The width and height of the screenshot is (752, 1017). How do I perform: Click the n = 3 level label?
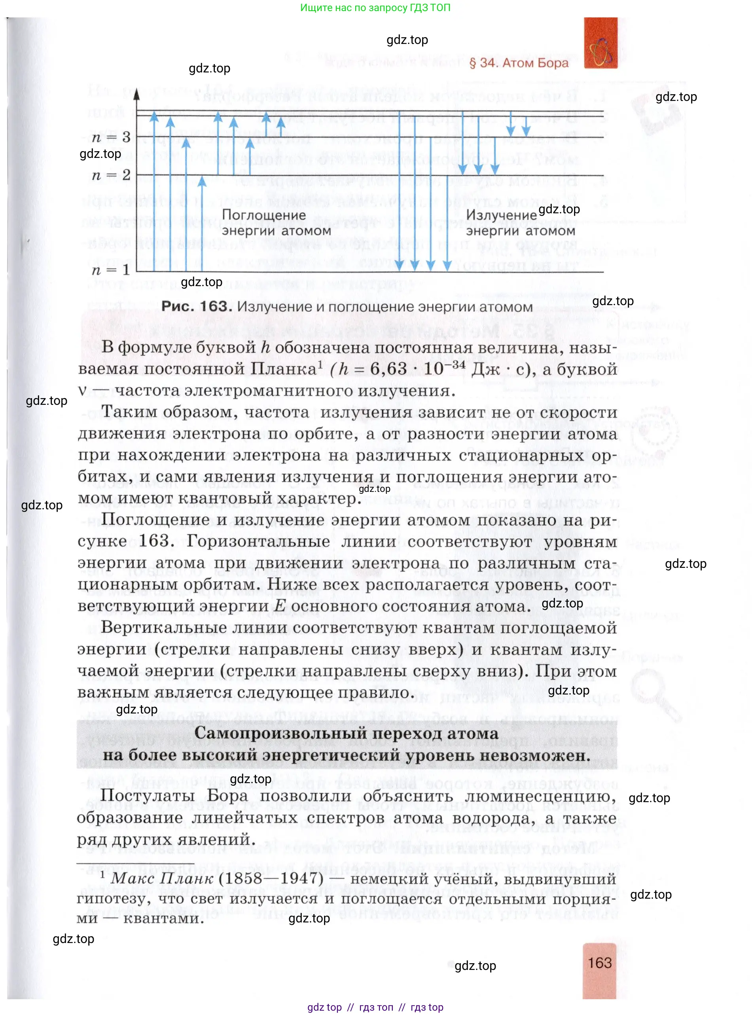(111, 137)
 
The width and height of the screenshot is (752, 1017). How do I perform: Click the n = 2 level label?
(111, 175)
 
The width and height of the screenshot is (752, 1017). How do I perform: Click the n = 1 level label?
(111, 270)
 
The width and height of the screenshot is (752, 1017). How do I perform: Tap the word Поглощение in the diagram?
(263, 215)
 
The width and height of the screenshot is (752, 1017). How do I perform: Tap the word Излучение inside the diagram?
(501, 215)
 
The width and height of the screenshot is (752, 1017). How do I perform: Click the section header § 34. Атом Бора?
(519, 63)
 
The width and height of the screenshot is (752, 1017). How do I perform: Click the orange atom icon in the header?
(600, 44)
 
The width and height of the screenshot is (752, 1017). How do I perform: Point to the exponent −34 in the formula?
(455, 364)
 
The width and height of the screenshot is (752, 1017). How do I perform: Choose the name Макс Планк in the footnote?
(162, 878)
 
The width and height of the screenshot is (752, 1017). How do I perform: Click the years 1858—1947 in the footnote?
(271, 878)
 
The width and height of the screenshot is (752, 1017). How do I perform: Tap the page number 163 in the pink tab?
(600, 963)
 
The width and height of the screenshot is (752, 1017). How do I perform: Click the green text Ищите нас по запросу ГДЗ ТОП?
(375, 8)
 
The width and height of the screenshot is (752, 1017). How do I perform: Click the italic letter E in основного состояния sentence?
(280, 606)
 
